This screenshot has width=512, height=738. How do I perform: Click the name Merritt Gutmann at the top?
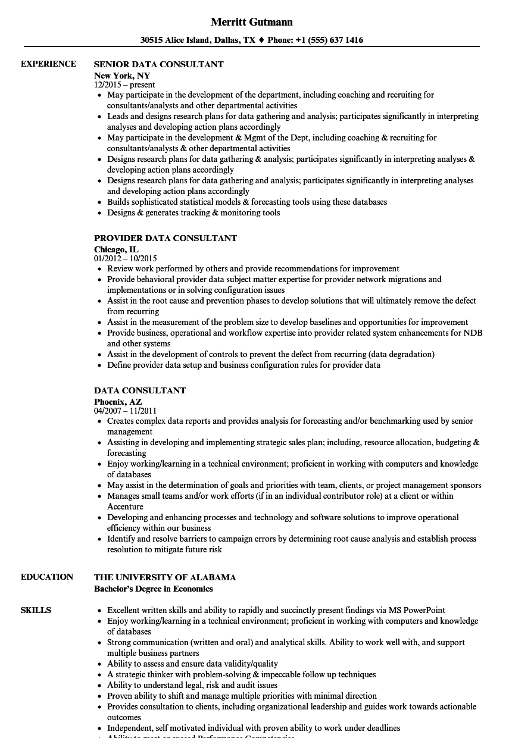[252, 22]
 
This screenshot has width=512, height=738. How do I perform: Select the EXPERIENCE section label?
[48, 64]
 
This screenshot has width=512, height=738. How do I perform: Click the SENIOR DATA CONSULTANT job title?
[159, 64]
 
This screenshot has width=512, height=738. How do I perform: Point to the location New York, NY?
[122, 76]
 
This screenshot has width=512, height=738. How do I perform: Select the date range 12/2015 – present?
[124, 85]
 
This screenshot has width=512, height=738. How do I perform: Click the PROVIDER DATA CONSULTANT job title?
[166, 238]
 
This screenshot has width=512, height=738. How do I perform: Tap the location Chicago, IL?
[116, 249]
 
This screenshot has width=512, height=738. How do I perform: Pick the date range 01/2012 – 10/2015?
[125, 258]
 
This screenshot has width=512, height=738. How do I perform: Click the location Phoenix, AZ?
[118, 402]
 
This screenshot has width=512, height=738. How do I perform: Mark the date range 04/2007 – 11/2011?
[125, 411]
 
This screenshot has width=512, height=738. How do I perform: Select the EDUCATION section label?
[47, 577]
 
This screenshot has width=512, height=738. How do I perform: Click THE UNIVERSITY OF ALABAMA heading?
[165, 577]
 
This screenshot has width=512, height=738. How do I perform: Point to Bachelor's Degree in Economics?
[153, 589]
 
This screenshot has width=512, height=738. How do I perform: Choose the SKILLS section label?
[36, 610]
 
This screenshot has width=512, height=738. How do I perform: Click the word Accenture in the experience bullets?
[125, 506]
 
